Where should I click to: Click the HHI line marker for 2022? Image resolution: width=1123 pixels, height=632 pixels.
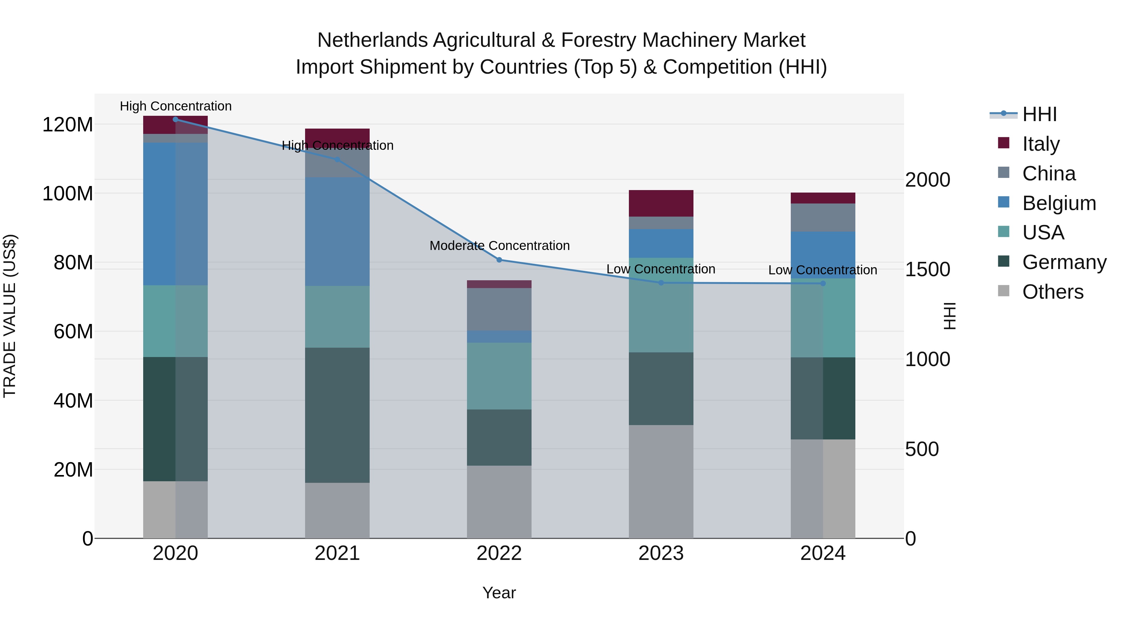[x=499, y=260]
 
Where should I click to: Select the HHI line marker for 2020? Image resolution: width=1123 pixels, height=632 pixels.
[x=175, y=120]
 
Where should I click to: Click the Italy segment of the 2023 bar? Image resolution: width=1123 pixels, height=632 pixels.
[x=661, y=203]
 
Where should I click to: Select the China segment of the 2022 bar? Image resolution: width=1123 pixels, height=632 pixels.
[x=499, y=309]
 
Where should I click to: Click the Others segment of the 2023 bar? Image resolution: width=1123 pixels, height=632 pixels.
[x=661, y=482]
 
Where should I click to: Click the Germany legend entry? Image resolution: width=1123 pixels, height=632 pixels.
[x=1064, y=262]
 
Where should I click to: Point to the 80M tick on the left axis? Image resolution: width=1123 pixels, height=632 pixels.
[x=73, y=262]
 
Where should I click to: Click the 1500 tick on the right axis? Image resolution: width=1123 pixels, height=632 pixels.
[x=927, y=270]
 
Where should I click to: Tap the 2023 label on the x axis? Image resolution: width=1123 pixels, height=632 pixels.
[x=661, y=553]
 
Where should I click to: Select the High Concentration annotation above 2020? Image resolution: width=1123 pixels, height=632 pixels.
[x=176, y=106]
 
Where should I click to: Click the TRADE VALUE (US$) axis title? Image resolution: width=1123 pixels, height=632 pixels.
[x=10, y=316]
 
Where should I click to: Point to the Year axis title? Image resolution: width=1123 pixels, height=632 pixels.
[x=499, y=593]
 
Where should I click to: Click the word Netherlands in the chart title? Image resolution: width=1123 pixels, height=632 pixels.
[x=372, y=40]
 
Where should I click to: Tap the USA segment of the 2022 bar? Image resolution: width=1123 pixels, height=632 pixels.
[x=499, y=376]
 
